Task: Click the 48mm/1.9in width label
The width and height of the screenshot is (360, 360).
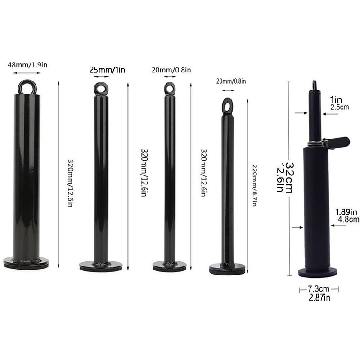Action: click(x=27, y=65)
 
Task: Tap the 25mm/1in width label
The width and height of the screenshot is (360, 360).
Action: click(x=108, y=70)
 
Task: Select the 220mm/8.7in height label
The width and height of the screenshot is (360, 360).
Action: click(x=255, y=185)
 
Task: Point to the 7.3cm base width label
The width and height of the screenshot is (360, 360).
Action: click(x=319, y=288)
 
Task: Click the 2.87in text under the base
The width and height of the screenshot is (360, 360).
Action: click(x=319, y=298)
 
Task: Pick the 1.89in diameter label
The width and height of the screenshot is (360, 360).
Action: click(x=346, y=211)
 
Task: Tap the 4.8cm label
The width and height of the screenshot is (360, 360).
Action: click(x=348, y=220)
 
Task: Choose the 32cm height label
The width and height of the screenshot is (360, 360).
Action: click(x=289, y=178)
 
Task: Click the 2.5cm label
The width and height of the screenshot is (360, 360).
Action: click(x=340, y=107)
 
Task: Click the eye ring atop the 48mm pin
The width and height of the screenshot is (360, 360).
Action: click(x=27, y=86)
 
